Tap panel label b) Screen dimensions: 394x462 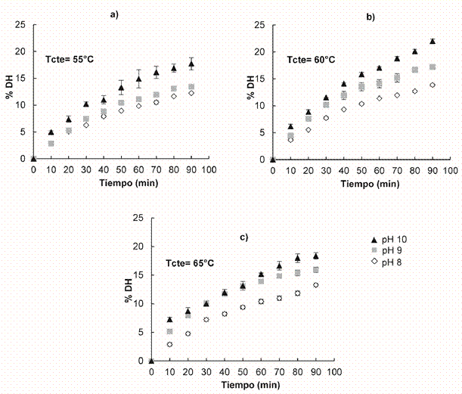371,15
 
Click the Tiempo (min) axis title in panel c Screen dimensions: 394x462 243,384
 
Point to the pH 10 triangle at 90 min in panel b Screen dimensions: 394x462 433,42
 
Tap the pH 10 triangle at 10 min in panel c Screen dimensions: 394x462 170,320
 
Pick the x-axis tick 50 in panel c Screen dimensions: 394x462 243,371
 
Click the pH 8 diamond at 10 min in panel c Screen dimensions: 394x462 170,345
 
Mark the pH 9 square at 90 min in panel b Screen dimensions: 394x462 433,67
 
